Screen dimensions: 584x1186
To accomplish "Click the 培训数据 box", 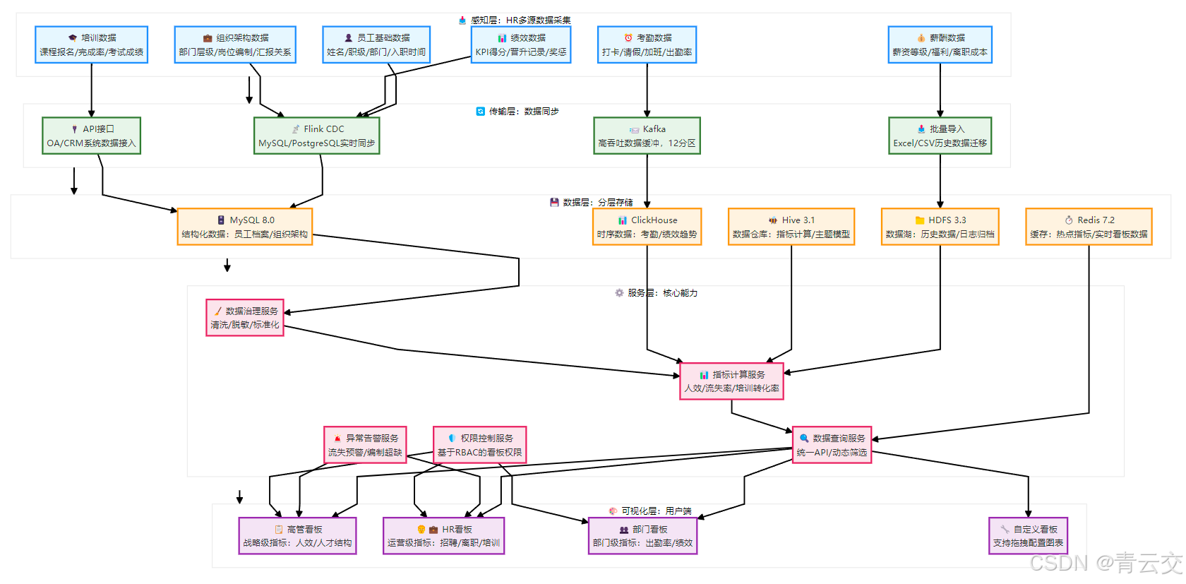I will click(91, 44).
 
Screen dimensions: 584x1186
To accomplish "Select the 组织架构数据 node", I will click(235, 44).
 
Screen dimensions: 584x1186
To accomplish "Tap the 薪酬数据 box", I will click(940, 44).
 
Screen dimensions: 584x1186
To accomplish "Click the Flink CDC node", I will click(316, 136).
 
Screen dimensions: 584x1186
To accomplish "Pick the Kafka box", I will click(647, 136).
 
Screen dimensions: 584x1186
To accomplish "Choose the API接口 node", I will click(91, 136).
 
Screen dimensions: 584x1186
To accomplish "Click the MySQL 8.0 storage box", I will click(244, 227).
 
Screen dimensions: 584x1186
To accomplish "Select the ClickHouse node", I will click(647, 227).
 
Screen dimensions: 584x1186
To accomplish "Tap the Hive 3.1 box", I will click(791, 227).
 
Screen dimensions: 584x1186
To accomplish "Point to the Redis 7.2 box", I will click(1089, 227).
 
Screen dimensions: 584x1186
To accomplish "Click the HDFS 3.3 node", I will click(940, 227).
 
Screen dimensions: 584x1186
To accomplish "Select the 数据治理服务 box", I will click(244, 318).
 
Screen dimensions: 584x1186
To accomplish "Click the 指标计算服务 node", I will click(731, 381).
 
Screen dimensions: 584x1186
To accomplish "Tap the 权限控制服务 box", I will click(479, 445).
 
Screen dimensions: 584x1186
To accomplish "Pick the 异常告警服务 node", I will click(365, 445).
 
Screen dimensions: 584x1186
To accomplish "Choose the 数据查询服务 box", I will click(832, 445).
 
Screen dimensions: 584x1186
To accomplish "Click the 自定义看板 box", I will click(1028, 536).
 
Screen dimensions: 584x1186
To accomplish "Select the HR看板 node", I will click(443, 536).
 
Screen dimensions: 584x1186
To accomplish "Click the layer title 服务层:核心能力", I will click(656, 293).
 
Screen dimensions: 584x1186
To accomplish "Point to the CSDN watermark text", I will click(1105, 564).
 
